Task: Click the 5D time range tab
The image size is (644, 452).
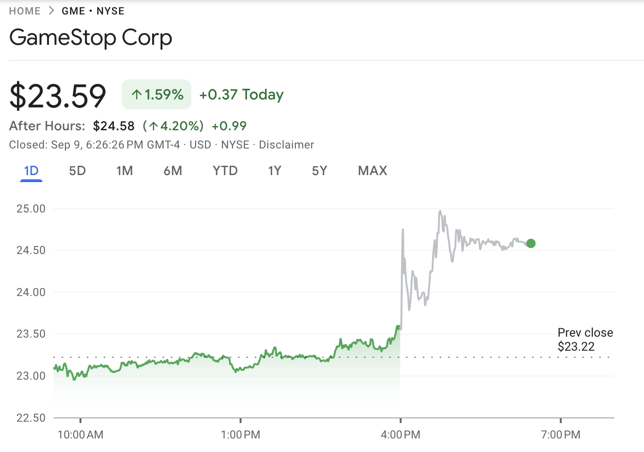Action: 77,171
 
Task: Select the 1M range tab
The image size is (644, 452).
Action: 125,171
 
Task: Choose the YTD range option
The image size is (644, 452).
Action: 225,171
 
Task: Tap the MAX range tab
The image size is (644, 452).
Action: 372,171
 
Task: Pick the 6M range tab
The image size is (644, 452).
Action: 173,171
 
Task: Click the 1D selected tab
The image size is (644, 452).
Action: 31,171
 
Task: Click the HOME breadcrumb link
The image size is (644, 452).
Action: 25,11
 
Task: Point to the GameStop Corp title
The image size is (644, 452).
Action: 91,38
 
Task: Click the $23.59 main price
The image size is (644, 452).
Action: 58,96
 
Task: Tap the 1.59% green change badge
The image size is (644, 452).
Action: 157,95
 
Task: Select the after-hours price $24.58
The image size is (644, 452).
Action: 114,126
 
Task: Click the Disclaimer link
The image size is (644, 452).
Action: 287,145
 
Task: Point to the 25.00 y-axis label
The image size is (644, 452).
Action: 31,209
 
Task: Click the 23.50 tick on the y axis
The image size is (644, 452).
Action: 31,334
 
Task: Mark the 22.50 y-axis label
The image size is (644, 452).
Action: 31,418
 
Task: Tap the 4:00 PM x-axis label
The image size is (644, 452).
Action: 400,435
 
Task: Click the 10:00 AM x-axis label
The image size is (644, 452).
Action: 80,435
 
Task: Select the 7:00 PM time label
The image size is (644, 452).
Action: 560,435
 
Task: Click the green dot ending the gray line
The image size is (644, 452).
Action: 531,243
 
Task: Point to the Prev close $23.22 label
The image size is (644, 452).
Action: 585,339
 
